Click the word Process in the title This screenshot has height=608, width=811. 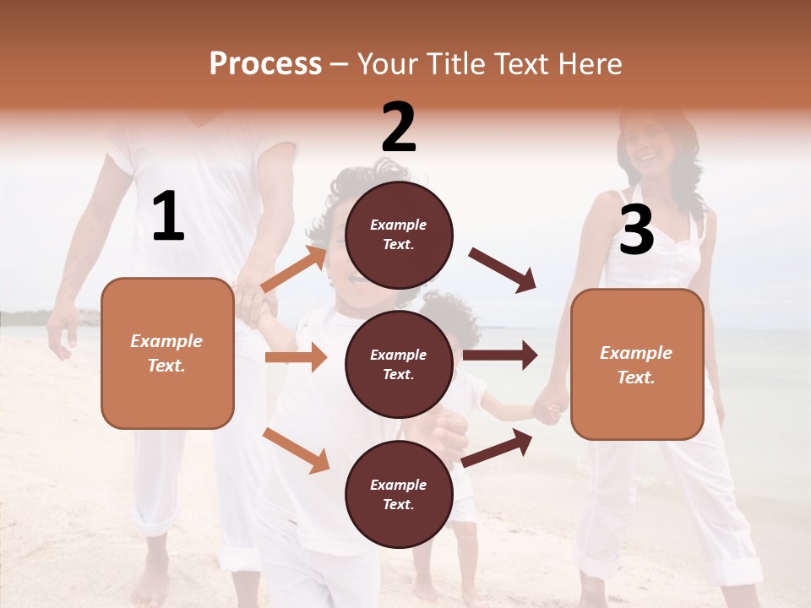pyautogui.click(x=265, y=64)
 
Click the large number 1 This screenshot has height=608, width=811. pyautogui.click(x=168, y=217)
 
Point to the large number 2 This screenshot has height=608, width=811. pyautogui.click(x=399, y=128)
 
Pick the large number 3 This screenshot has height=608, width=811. pyautogui.click(x=636, y=231)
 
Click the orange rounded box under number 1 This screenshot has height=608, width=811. pyautogui.click(x=167, y=353)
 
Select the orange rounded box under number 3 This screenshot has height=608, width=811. pyautogui.click(x=637, y=365)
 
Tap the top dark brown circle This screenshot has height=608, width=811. pyautogui.click(x=399, y=235)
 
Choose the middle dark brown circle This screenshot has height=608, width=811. pyautogui.click(x=399, y=364)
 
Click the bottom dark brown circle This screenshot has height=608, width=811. pyautogui.click(x=399, y=494)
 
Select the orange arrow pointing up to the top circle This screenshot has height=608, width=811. pyautogui.click(x=294, y=269)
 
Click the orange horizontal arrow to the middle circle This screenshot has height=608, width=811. pyautogui.click(x=296, y=357)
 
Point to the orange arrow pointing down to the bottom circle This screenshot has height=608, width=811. pyautogui.click(x=296, y=450)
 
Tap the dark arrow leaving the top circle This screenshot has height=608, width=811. pyautogui.click(x=503, y=270)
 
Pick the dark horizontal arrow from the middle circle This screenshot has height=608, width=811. pyautogui.click(x=500, y=356)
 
